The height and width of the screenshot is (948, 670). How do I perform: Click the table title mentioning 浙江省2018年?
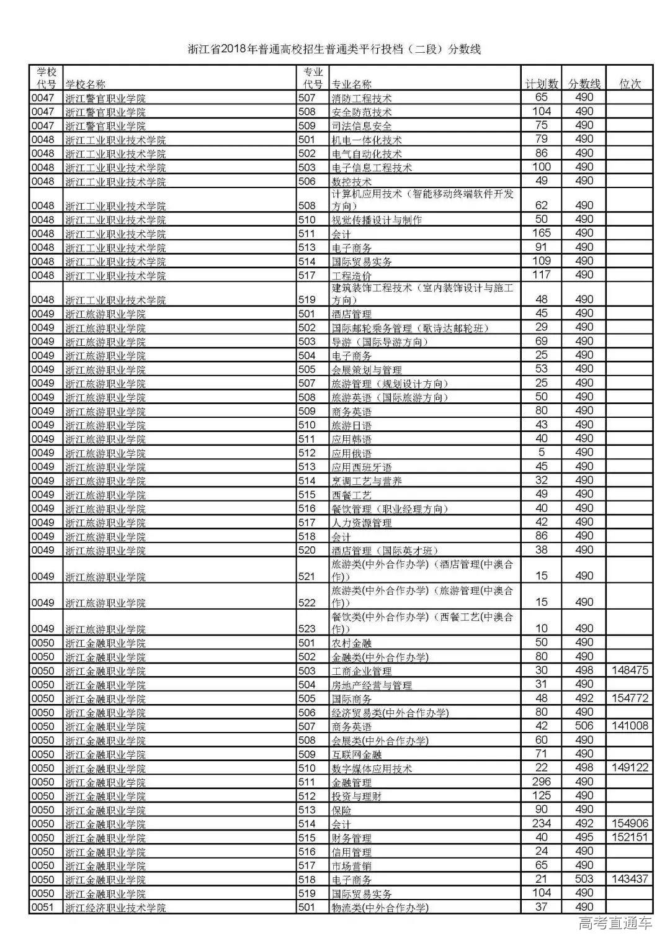334,49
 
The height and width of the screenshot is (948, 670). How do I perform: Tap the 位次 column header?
630,84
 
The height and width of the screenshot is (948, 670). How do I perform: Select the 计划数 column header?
541,84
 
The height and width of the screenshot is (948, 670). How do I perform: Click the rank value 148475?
630,670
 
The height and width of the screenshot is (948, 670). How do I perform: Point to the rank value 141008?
630,726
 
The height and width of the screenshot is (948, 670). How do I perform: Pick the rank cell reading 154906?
630,823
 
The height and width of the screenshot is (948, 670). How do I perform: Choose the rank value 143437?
630,879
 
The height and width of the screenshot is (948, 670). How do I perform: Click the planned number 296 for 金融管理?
541,782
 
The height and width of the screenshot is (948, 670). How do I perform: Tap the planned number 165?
541,233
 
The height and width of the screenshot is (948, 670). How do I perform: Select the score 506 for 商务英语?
584,726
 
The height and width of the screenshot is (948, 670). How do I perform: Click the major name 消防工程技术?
362,98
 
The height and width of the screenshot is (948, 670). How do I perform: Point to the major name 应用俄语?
352,453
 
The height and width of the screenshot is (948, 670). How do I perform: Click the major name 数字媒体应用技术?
372,769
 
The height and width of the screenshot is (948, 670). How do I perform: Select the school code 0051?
43,907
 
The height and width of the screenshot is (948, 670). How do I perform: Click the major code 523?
307,628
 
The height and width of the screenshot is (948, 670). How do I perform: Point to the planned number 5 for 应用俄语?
541,453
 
